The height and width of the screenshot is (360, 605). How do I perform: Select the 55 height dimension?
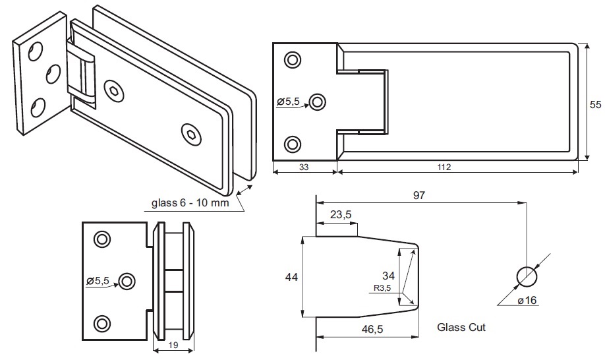click(x=595, y=104)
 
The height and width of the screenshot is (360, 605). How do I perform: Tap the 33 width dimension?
click(x=304, y=167)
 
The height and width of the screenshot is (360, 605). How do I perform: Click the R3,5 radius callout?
click(x=382, y=288)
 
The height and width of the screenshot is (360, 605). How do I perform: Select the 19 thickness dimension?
click(x=173, y=344)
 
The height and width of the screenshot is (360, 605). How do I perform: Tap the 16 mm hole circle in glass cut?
click(x=527, y=276)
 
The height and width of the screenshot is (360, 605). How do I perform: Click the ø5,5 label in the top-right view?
click(x=288, y=102)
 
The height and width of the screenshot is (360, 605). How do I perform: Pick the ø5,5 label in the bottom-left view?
click(x=97, y=280)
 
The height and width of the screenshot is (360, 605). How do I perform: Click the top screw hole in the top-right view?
click(x=291, y=60)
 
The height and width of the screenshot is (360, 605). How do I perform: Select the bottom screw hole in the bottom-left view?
click(x=101, y=323)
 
